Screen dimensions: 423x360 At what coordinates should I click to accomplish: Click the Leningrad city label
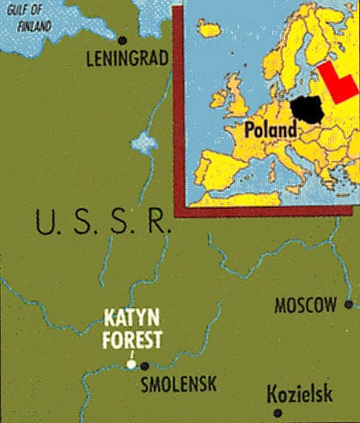127,60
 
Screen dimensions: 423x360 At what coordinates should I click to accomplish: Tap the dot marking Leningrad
123,40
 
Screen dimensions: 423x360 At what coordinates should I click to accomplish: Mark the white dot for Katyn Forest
131,365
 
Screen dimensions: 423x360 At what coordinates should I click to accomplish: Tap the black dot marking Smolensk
144,365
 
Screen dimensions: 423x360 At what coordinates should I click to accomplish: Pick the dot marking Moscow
348,303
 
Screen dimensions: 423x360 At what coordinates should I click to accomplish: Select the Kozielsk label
302,395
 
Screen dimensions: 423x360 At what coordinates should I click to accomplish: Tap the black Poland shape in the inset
305,110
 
